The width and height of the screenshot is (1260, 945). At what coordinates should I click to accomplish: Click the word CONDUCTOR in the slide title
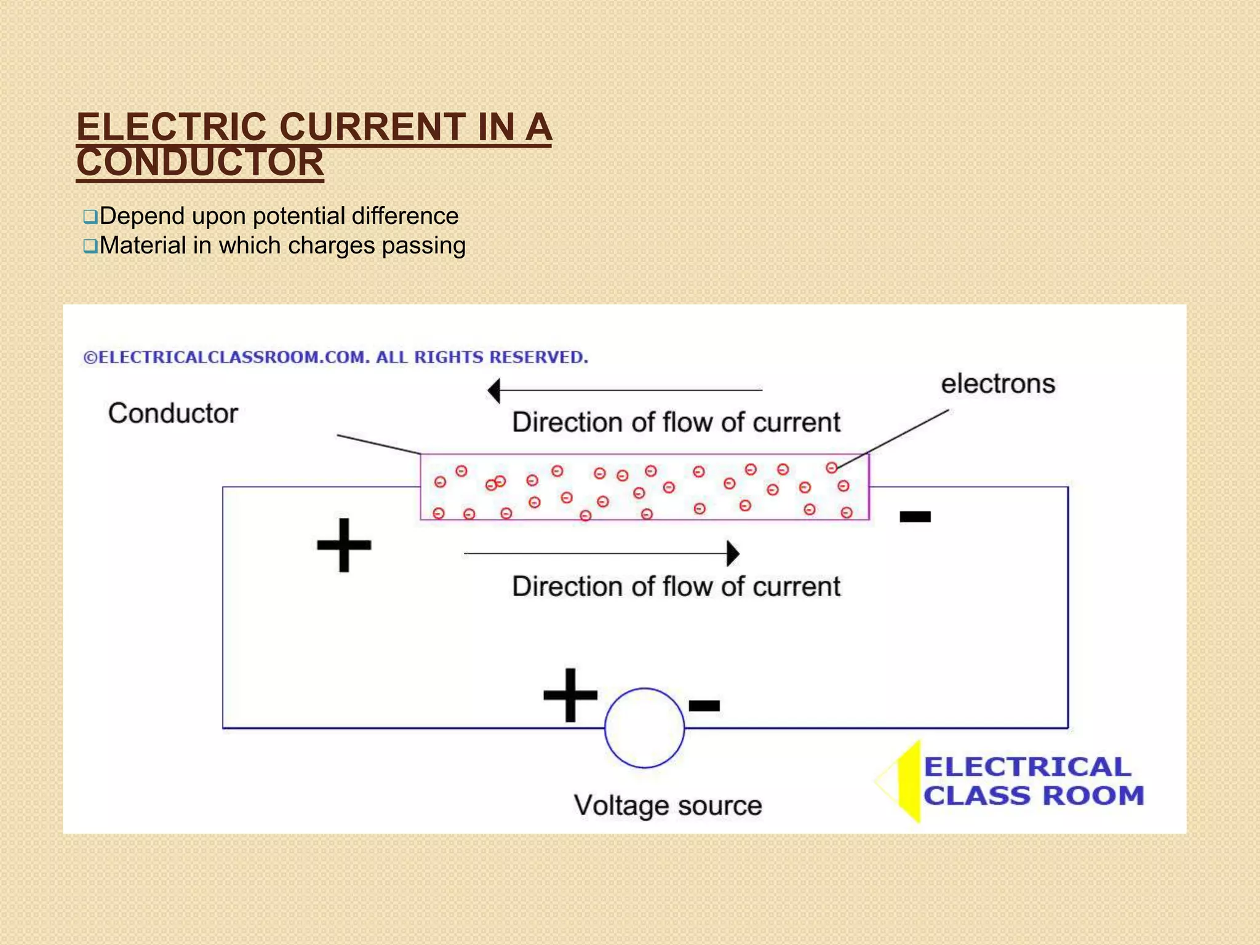click(200, 163)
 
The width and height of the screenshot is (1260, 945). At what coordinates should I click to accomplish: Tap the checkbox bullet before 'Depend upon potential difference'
click(90, 217)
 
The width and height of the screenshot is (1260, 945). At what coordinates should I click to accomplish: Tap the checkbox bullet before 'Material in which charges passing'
click(90, 247)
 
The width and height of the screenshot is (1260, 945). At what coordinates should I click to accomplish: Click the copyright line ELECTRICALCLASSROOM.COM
click(335, 357)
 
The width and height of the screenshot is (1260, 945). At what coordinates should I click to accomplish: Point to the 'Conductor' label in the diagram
click(173, 413)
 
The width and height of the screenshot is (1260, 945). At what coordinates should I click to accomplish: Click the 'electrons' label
click(998, 384)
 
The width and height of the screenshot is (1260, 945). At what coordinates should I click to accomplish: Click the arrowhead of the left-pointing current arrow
click(494, 390)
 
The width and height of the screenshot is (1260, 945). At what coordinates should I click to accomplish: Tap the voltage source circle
click(644, 728)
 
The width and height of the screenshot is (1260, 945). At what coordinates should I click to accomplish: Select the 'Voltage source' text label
click(668, 805)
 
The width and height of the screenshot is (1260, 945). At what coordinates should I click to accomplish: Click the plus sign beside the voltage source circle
click(570, 695)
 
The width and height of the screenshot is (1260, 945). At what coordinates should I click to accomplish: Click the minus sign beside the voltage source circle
click(704, 706)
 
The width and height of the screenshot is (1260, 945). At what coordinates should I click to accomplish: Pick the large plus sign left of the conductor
click(344, 545)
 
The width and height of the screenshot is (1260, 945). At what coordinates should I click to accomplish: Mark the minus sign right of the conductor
click(915, 517)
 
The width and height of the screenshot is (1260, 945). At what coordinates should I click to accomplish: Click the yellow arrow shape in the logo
click(907, 781)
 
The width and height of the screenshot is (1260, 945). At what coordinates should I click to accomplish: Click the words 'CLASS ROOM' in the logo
click(1034, 796)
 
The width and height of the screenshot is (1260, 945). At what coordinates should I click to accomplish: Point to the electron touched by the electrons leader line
click(831, 468)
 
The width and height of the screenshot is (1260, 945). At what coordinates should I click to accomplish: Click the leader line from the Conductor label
click(378, 444)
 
